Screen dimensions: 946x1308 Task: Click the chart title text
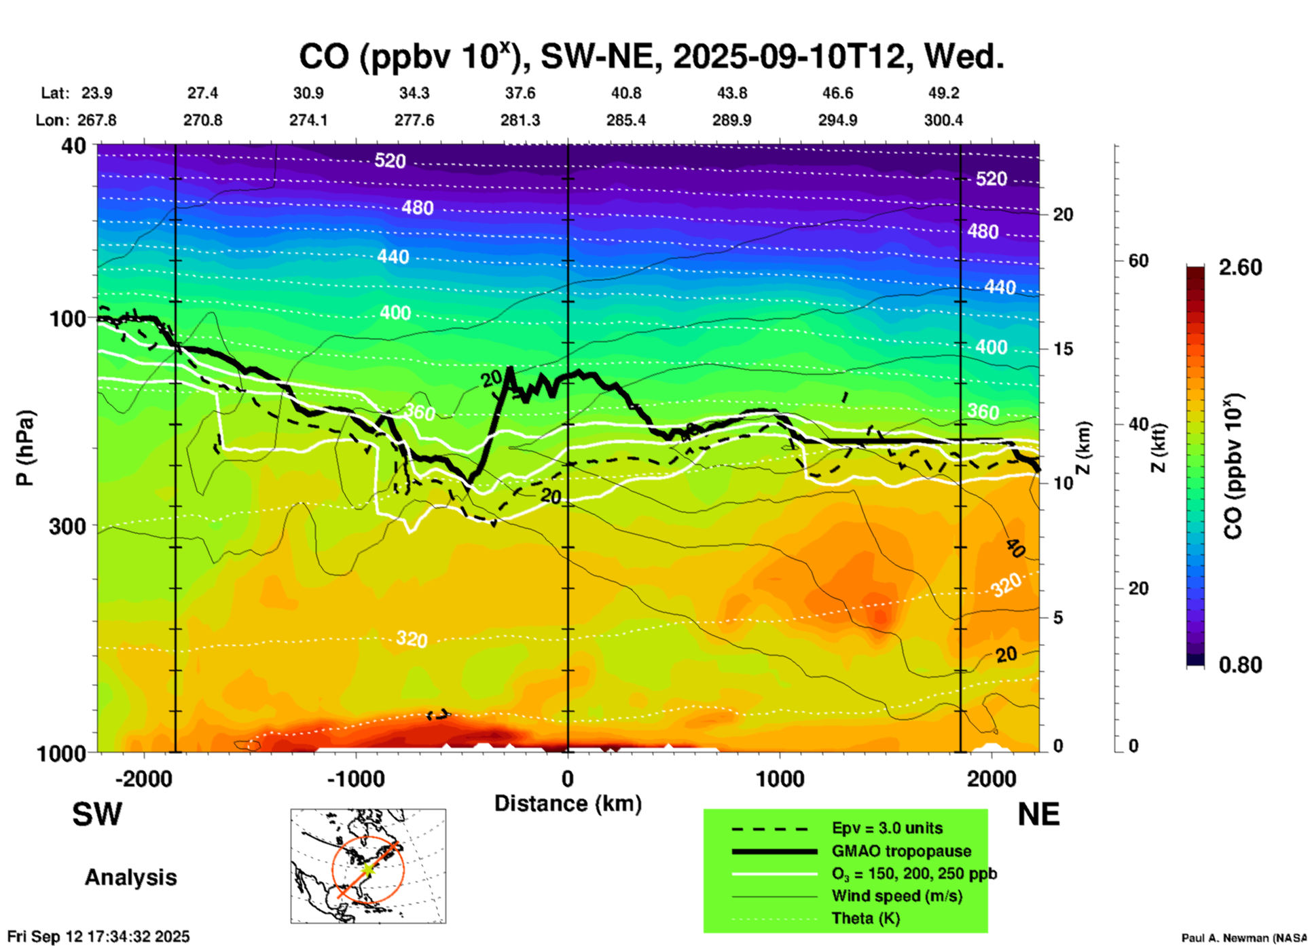651,57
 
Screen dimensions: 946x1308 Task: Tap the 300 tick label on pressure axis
68,527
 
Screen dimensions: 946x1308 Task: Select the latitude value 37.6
520,93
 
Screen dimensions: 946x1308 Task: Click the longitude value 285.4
626,120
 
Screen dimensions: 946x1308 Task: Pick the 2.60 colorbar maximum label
1240,267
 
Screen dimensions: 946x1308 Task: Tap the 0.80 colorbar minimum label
1240,665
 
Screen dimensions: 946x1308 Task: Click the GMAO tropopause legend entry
901,851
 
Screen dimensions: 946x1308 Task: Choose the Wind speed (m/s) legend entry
896,896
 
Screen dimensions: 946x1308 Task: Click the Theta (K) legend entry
866,918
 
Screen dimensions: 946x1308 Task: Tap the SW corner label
97,814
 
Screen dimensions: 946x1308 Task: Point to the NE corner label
1038,814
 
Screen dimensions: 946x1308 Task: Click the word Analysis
130,877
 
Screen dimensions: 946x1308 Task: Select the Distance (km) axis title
568,803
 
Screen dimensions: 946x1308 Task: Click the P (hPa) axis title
25,448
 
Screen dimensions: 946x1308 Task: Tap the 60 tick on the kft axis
1138,261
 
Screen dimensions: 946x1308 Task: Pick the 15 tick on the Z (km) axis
1063,349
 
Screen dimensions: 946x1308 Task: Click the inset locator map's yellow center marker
367,869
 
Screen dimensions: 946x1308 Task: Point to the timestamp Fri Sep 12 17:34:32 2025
98,936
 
